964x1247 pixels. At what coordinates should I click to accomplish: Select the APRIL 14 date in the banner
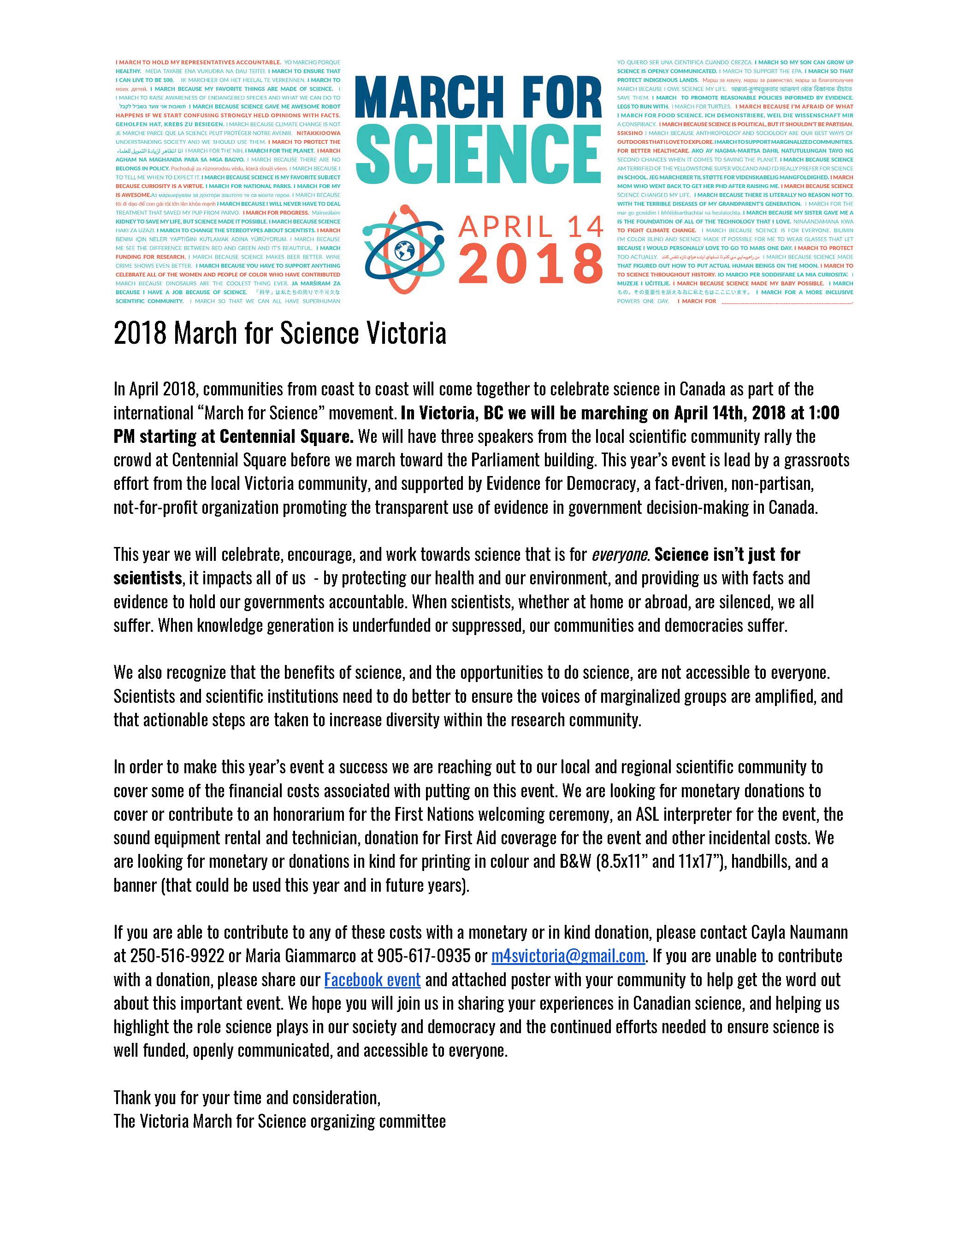point(531,226)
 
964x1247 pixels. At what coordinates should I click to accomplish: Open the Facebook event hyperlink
point(373,980)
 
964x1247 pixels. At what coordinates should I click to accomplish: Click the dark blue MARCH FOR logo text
point(479,97)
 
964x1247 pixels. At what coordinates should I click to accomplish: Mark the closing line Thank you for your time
point(247,1097)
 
